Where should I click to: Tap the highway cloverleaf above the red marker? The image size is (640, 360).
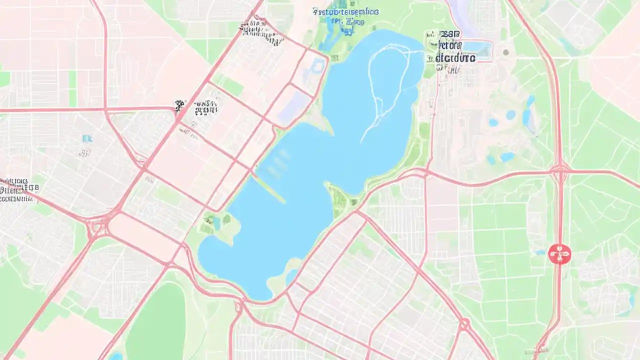559,170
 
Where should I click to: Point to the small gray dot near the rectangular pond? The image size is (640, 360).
505,52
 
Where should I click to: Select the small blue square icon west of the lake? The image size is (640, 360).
87,138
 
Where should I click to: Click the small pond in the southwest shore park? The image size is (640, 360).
217,222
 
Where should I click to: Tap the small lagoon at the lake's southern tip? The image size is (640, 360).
291,274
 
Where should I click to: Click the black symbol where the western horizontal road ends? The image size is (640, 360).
179,106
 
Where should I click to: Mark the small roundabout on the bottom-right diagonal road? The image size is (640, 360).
464,324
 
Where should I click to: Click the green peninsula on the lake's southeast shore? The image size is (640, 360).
340,197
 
